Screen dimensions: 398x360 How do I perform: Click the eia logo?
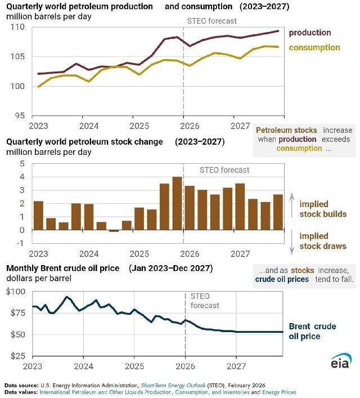[340, 361]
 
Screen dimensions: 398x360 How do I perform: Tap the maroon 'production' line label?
[310, 33]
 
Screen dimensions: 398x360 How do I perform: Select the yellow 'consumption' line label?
[314, 48]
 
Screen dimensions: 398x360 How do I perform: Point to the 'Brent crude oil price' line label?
[312, 332]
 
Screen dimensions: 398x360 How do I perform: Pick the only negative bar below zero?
[114, 231]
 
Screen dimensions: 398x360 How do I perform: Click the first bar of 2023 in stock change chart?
[38, 216]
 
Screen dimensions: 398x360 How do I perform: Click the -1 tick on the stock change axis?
[22, 243]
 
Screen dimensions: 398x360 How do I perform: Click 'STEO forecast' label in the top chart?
[211, 21]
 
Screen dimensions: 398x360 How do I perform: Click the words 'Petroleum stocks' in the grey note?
[289, 130]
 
